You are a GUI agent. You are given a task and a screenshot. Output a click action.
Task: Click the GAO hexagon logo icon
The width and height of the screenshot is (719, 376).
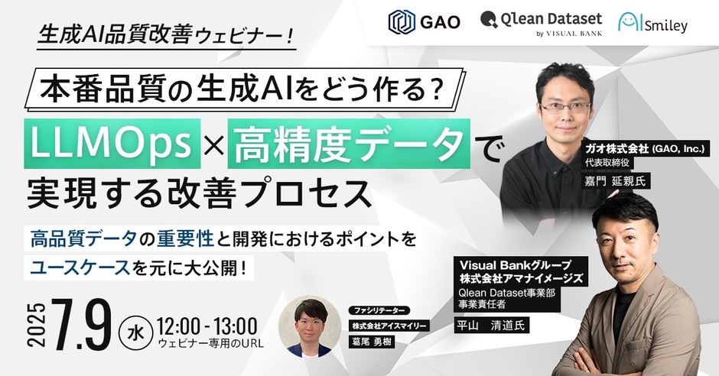click(x=402, y=22)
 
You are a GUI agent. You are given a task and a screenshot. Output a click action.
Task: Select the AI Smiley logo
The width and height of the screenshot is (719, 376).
click(x=652, y=23)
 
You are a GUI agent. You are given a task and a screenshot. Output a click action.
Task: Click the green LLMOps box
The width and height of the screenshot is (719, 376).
click(x=112, y=144)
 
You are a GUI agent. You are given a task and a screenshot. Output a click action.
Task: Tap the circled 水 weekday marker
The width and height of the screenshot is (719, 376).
click(x=135, y=332)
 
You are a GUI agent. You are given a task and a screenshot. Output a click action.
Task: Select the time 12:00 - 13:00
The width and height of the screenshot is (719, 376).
click(x=207, y=327)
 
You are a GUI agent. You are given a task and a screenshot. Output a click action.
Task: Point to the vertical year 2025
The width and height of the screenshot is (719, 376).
click(x=37, y=325)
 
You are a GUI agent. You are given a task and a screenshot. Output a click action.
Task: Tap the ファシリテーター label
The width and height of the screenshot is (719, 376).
click(x=379, y=310)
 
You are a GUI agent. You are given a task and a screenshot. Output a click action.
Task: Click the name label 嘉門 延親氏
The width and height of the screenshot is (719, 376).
click(x=615, y=181)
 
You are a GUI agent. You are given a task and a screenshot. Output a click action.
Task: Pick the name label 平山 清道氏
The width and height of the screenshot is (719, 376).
click(x=491, y=325)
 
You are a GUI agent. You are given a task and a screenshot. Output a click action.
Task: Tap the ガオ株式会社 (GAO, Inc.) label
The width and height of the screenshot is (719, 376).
click(x=645, y=149)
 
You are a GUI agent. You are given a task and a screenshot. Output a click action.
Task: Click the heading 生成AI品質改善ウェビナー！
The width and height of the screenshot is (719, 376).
click(x=166, y=34)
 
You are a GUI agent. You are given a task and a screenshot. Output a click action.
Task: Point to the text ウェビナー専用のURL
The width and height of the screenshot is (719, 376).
click(x=210, y=344)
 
